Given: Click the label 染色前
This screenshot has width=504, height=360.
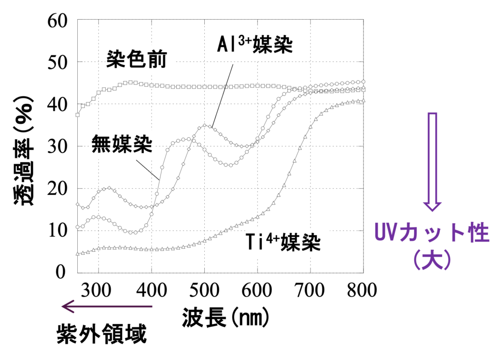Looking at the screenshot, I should tap(136, 60).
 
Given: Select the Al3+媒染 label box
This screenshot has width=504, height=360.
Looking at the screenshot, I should tap(255, 45).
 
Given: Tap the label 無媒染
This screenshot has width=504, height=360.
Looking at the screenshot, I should tap(123, 144).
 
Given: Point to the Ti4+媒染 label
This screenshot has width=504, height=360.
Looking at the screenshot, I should tap(287, 242).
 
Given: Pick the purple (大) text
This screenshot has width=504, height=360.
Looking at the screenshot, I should tap(432, 260).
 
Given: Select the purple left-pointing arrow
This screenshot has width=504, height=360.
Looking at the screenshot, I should tap(106, 306).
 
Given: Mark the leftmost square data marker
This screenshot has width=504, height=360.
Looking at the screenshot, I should tap(78, 115).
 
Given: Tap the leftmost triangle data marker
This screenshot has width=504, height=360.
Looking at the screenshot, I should tap(77, 254).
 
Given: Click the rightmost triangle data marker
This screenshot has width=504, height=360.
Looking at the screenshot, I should tap(363, 100).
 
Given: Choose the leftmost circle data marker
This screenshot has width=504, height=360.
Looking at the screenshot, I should tap(77, 227).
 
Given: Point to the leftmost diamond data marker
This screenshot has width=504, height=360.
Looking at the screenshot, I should tap(77, 203).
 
